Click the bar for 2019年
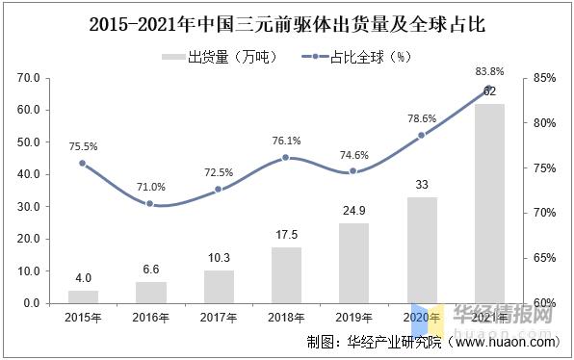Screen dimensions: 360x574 [353, 263]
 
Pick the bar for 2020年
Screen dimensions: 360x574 [422, 250]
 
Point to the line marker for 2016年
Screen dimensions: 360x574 [150, 203]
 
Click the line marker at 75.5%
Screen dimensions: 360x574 [83, 163]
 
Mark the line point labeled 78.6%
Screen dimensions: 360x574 [422, 135]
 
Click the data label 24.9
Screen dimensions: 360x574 [353, 210]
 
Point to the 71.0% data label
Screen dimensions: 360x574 [150, 187]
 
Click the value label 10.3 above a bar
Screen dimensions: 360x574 [219, 257]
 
